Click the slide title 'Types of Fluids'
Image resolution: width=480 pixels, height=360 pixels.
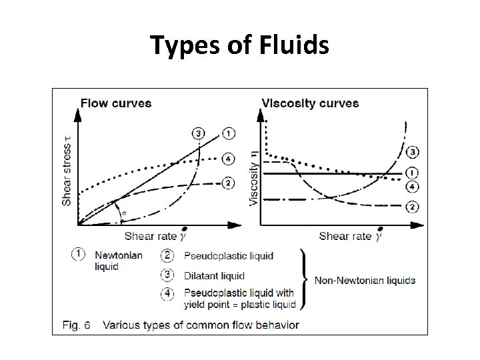[239, 45]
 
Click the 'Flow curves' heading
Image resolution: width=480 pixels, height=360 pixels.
[115, 103]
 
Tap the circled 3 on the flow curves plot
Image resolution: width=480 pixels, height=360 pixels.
[199, 133]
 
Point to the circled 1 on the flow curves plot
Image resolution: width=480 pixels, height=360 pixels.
[229, 133]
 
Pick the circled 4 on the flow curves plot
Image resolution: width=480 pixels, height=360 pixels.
[229, 159]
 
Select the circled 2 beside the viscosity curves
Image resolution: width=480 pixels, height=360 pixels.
[413, 207]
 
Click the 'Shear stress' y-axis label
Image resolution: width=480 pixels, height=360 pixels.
[67, 171]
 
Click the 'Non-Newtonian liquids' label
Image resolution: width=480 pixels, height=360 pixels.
[365, 280]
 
